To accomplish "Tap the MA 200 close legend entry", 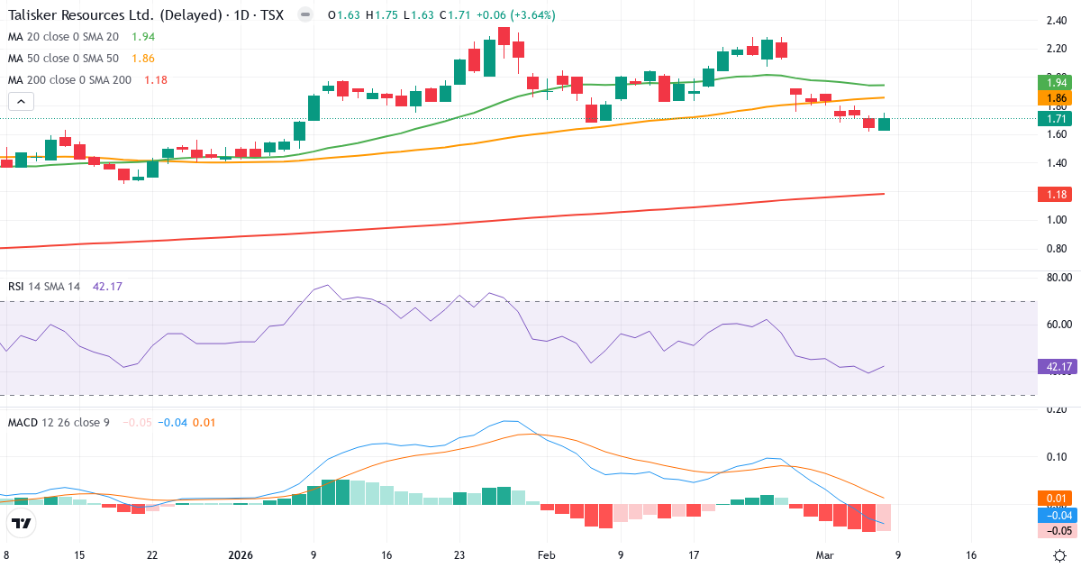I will (x=68, y=79).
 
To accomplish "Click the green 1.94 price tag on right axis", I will (x=1054, y=83).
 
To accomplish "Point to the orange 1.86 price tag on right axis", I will (x=1054, y=98).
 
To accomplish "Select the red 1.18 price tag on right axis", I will (x=1054, y=194).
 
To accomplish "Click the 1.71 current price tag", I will (x=1054, y=118).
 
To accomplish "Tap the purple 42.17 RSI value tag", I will (x=1054, y=366).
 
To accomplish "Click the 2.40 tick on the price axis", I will (x=1057, y=22).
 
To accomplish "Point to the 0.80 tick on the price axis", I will (x=1057, y=249).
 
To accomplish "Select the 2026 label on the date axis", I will (x=241, y=555).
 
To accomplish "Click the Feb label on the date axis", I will (x=546, y=555).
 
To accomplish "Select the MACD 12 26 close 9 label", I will (x=58, y=422).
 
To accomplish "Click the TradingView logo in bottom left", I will (x=21, y=524).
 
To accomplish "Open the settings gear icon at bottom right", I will (x=1060, y=555).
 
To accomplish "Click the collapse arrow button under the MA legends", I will (x=21, y=101).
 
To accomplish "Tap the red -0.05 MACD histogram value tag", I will (x=1054, y=531).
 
